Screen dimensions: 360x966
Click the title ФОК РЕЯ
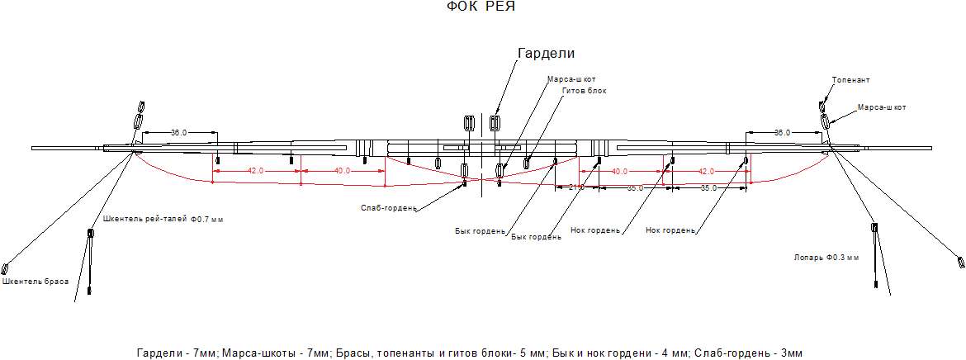481,7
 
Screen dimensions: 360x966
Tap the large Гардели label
545,54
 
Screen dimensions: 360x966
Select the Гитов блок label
584,91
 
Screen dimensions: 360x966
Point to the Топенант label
851,80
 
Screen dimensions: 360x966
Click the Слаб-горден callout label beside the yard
388,208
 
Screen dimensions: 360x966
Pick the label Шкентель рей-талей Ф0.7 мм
163,220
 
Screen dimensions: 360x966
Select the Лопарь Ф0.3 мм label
825,258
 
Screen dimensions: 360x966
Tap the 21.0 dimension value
576,187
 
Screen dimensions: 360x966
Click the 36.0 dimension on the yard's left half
178,132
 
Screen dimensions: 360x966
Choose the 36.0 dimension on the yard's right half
782,132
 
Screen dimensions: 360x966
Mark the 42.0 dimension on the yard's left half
255,171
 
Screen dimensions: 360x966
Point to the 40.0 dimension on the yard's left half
342,171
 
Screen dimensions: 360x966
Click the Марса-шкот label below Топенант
882,107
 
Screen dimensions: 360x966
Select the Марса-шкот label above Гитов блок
571,79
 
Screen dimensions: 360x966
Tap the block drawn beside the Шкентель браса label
5,268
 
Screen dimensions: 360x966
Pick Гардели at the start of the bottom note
158,353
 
